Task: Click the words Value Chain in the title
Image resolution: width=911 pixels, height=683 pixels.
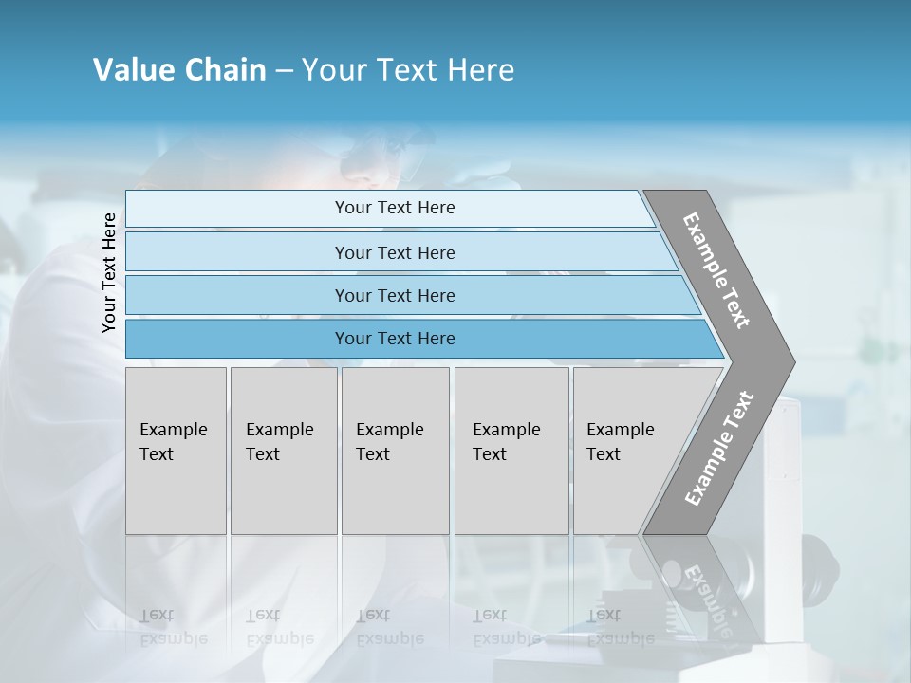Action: (179, 70)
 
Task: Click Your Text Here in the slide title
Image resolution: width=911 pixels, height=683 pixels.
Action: (408, 70)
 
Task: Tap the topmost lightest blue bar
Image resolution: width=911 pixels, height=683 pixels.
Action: (394, 208)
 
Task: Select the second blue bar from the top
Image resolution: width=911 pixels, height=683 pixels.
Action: (394, 252)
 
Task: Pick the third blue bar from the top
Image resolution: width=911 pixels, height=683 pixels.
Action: (394, 295)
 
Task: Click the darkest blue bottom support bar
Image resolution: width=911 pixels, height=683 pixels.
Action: (394, 339)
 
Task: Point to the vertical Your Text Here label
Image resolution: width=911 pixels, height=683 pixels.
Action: (109, 272)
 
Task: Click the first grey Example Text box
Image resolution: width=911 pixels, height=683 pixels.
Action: (176, 451)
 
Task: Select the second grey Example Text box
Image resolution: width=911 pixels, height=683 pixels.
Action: (284, 451)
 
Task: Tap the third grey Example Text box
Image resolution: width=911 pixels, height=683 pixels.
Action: (395, 451)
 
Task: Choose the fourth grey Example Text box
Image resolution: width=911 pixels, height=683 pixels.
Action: (511, 451)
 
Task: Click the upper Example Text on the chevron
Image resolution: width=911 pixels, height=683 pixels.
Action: (716, 270)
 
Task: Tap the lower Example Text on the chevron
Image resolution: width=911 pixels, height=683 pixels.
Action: (719, 448)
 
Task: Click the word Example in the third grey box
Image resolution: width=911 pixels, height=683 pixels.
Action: (389, 430)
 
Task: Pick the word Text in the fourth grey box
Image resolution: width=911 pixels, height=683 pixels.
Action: (490, 454)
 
